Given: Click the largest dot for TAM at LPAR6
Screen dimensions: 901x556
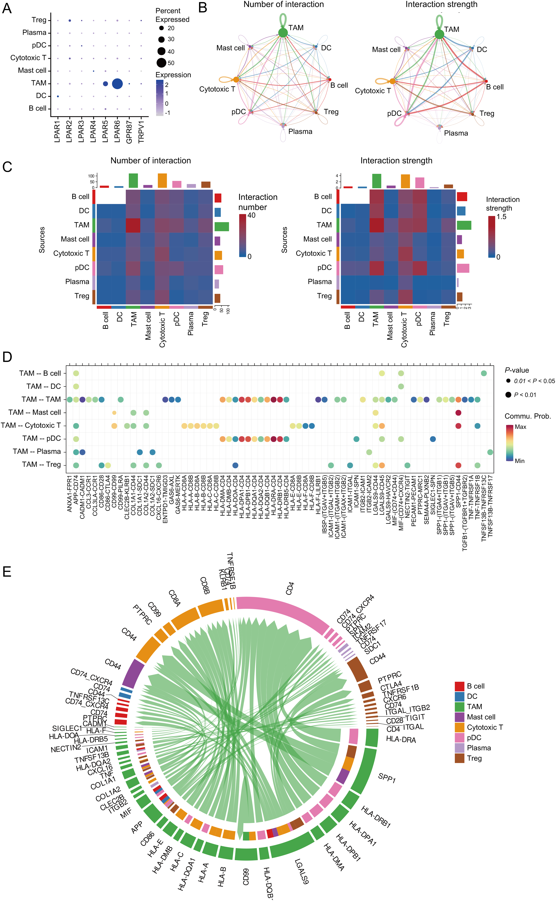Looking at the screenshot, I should click(117, 84).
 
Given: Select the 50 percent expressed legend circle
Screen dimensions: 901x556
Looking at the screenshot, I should click(161, 63).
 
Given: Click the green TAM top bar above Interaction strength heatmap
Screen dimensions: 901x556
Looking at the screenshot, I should click(377, 181).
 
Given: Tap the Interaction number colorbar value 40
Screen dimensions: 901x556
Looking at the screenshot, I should click(252, 215).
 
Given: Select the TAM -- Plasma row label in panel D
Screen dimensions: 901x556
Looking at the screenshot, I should click(37, 452).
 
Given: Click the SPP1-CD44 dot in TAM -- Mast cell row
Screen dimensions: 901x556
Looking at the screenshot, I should click(458, 413).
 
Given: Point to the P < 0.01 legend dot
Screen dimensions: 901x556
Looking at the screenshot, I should click(508, 395).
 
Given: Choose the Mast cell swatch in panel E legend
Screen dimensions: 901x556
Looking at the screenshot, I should click(459, 717).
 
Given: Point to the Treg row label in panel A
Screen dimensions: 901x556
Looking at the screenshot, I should click(39, 20).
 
